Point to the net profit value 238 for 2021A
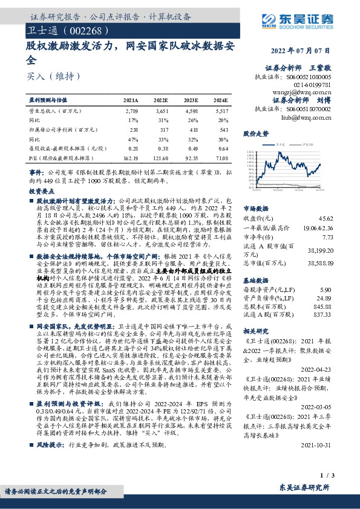click(134, 129)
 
